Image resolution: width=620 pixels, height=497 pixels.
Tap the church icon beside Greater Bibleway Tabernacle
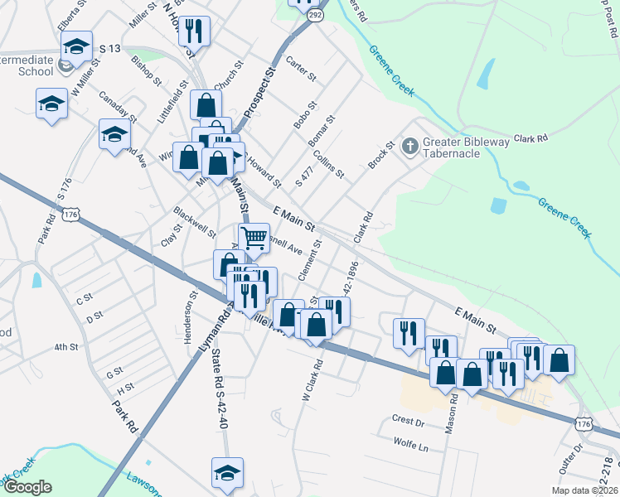click(x=409, y=147)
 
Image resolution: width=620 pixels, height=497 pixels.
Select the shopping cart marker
click(x=254, y=238)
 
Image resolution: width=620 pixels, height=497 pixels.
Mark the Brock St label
click(x=380, y=154)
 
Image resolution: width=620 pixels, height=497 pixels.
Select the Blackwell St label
click(x=195, y=222)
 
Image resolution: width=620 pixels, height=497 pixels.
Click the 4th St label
click(x=65, y=347)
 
